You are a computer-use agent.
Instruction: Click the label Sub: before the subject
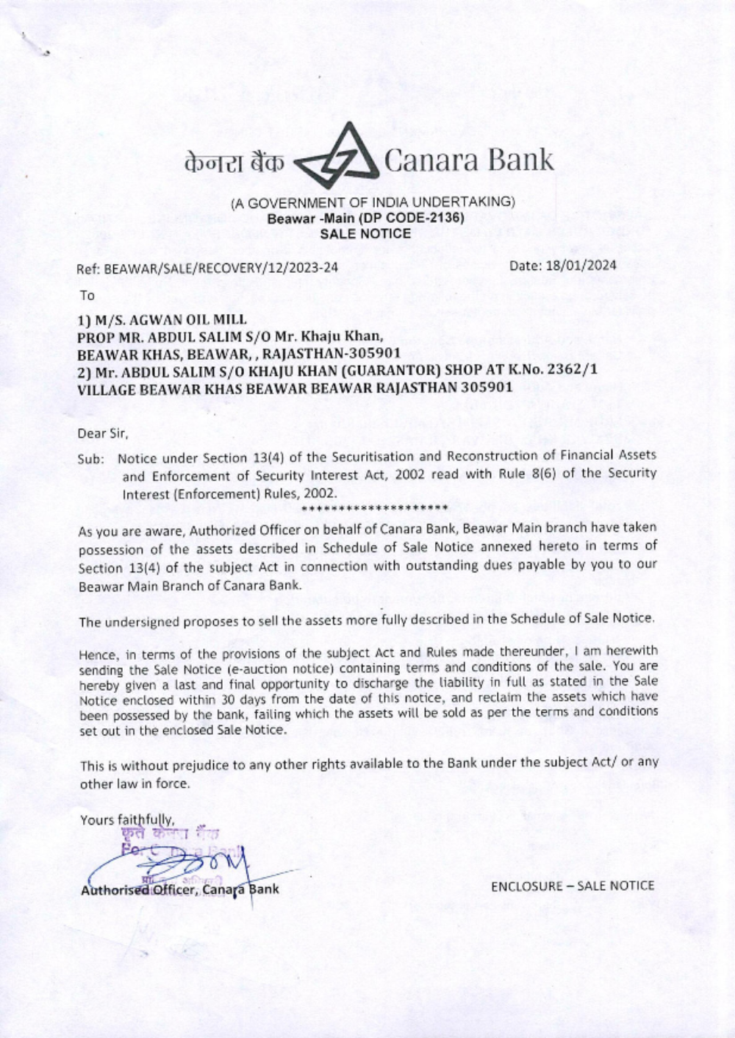(91, 459)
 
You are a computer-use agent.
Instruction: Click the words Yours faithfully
(126, 820)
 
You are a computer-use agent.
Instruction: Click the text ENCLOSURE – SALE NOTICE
(572, 886)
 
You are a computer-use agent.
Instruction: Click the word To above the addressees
(87, 296)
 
